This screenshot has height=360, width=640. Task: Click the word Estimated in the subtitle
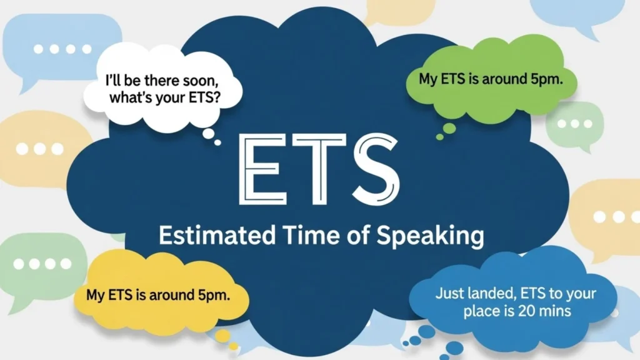[216, 236]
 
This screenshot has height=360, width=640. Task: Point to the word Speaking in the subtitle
[431, 237]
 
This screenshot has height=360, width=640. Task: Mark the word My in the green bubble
[427, 79]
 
